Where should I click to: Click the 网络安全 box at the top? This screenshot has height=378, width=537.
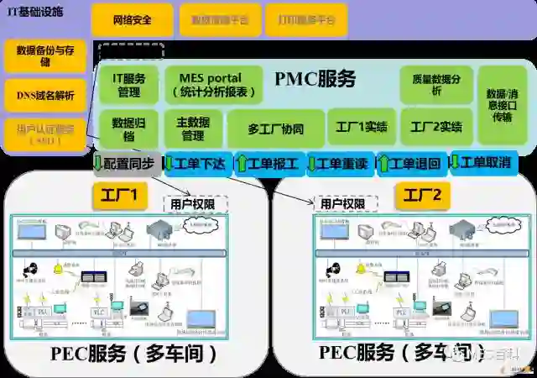pos(132,20)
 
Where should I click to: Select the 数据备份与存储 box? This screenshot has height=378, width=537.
pos(44,55)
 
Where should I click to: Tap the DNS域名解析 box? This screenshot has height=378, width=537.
pos(44,95)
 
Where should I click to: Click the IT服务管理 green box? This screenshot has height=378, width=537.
pos(128,85)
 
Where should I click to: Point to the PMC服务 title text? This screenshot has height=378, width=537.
pos(315,79)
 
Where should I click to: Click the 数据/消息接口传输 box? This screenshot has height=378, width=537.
pos(502,105)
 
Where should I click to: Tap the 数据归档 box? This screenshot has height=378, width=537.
pos(128,129)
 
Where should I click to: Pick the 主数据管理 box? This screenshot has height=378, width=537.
pos(193,129)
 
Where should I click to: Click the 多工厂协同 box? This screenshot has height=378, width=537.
pos(275,129)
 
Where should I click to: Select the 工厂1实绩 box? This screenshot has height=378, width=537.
pos(361,128)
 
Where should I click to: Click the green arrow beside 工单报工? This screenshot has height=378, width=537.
pos(242,163)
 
